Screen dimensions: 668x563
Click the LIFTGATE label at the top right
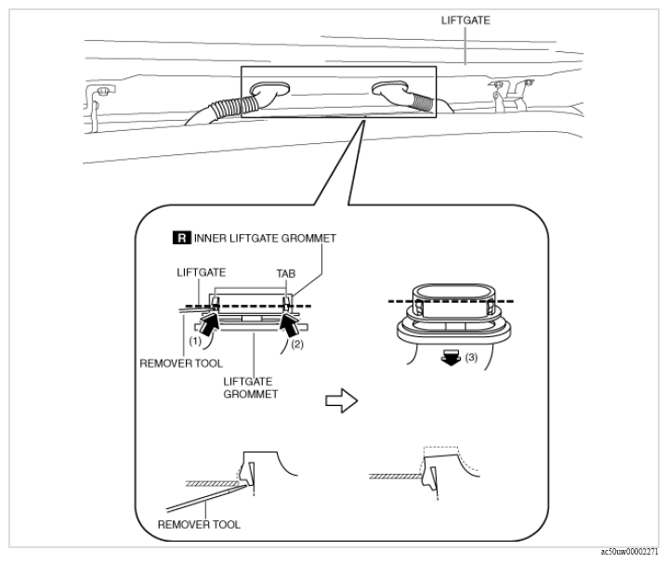[465, 20]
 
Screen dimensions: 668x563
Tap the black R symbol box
[182, 238]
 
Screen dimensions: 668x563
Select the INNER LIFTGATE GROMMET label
[265, 238]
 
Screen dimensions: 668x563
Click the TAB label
[286, 273]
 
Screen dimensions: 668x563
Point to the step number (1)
[195, 341]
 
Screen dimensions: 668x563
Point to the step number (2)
[297, 344]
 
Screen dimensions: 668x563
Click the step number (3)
[471, 358]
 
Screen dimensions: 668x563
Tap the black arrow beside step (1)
[209, 324]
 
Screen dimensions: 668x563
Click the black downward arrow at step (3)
[451, 358]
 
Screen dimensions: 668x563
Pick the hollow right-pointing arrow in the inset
[341, 400]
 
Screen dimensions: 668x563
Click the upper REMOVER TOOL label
[181, 363]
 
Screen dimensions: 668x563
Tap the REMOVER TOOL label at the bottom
[199, 524]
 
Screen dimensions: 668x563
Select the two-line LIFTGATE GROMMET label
[250, 387]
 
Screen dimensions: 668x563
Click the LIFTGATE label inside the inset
[201, 272]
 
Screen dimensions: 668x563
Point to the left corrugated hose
[233, 108]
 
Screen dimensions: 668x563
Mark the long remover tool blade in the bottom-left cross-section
[206, 498]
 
